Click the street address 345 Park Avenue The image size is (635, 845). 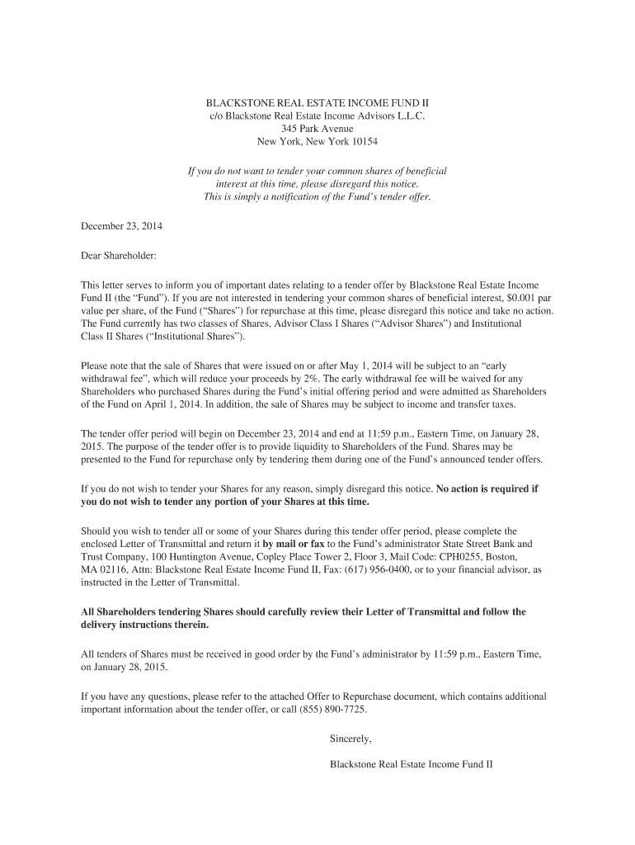(317, 129)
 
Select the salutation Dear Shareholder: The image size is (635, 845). (118, 256)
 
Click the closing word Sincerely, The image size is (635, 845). (350, 739)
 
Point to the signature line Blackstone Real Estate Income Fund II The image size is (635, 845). (411, 764)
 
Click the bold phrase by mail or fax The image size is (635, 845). (294, 543)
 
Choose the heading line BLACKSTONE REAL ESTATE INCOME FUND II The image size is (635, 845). (317, 102)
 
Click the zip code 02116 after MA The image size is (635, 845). (115, 569)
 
